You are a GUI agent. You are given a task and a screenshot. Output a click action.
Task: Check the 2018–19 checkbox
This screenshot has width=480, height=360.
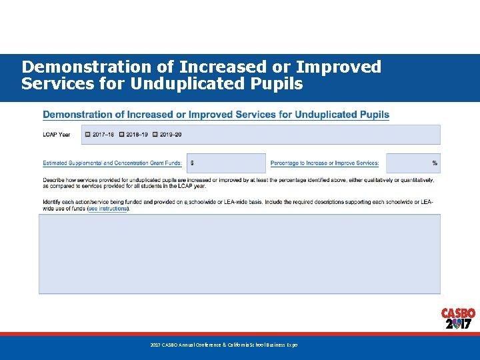[x=122, y=135]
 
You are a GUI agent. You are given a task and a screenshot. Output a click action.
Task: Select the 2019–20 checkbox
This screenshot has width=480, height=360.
[x=155, y=135]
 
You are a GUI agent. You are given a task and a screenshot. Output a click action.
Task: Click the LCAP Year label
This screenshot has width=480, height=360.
[x=57, y=135]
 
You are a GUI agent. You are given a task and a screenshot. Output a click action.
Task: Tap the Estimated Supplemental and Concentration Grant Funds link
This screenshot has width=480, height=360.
[x=112, y=163]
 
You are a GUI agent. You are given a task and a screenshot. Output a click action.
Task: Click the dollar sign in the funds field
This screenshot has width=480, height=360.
[x=192, y=163]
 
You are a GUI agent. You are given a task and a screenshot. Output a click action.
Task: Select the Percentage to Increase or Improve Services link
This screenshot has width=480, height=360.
[x=325, y=163]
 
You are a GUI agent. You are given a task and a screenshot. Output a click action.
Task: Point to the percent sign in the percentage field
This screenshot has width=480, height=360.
[x=435, y=163]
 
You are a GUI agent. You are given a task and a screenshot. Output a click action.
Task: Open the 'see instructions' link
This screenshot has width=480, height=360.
[x=107, y=209]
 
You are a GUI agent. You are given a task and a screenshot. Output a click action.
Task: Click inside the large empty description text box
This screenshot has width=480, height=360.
[x=239, y=253]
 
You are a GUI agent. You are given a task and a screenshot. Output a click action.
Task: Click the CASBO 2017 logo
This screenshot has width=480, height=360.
[x=458, y=319]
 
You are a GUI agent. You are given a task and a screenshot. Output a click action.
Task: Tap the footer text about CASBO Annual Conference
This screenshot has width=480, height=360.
[x=224, y=345]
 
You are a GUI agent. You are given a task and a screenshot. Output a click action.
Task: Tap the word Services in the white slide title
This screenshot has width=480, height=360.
[x=52, y=85]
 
